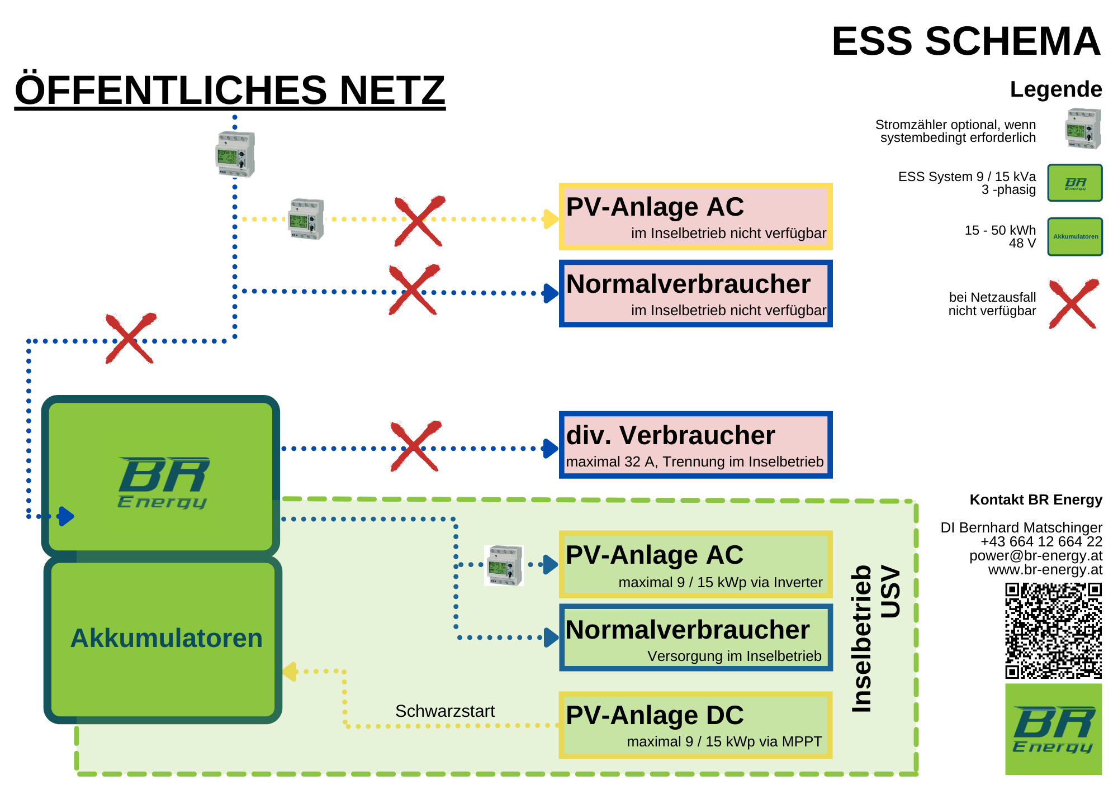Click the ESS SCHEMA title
tap(965, 41)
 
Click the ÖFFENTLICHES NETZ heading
tap(230, 90)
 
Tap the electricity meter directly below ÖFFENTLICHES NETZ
tap(235, 154)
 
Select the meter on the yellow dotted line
tap(306, 219)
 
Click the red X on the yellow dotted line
tap(419, 221)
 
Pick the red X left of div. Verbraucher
tap(415, 446)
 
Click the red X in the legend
tap(1073, 304)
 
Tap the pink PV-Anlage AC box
tap(695, 217)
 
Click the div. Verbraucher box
tap(695, 445)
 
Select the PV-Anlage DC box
tap(695, 725)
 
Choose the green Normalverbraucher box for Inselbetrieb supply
tap(695, 637)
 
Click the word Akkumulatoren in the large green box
tap(167, 638)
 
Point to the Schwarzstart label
tap(445, 711)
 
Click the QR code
tap(1053, 631)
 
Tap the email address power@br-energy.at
tap(1036, 556)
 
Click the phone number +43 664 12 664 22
tap(1041, 541)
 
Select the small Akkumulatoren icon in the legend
tap(1075, 237)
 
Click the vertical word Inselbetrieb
tap(862, 639)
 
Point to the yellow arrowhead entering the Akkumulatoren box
tap(290, 672)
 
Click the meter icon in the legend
tap(1083, 129)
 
